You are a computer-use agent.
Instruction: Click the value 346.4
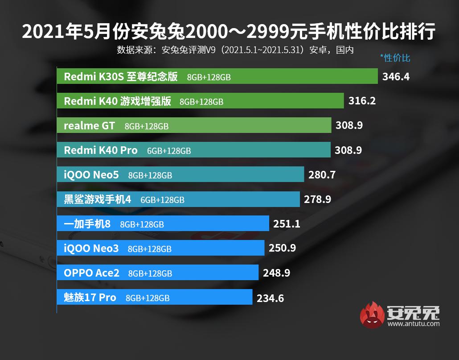tap(396, 76)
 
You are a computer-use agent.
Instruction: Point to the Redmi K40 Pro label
tap(101, 150)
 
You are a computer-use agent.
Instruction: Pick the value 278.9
tap(317, 199)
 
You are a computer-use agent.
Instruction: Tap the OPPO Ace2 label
tap(92, 273)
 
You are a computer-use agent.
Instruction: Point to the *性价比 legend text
tap(395, 58)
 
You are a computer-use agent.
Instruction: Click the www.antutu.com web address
tap(413, 324)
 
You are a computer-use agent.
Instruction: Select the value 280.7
tap(321, 175)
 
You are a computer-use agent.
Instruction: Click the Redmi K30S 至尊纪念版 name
tap(121, 76)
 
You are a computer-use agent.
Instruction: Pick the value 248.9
tap(276, 273)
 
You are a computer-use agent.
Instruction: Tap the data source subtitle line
tap(235, 50)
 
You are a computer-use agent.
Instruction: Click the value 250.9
tap(282, 248)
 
